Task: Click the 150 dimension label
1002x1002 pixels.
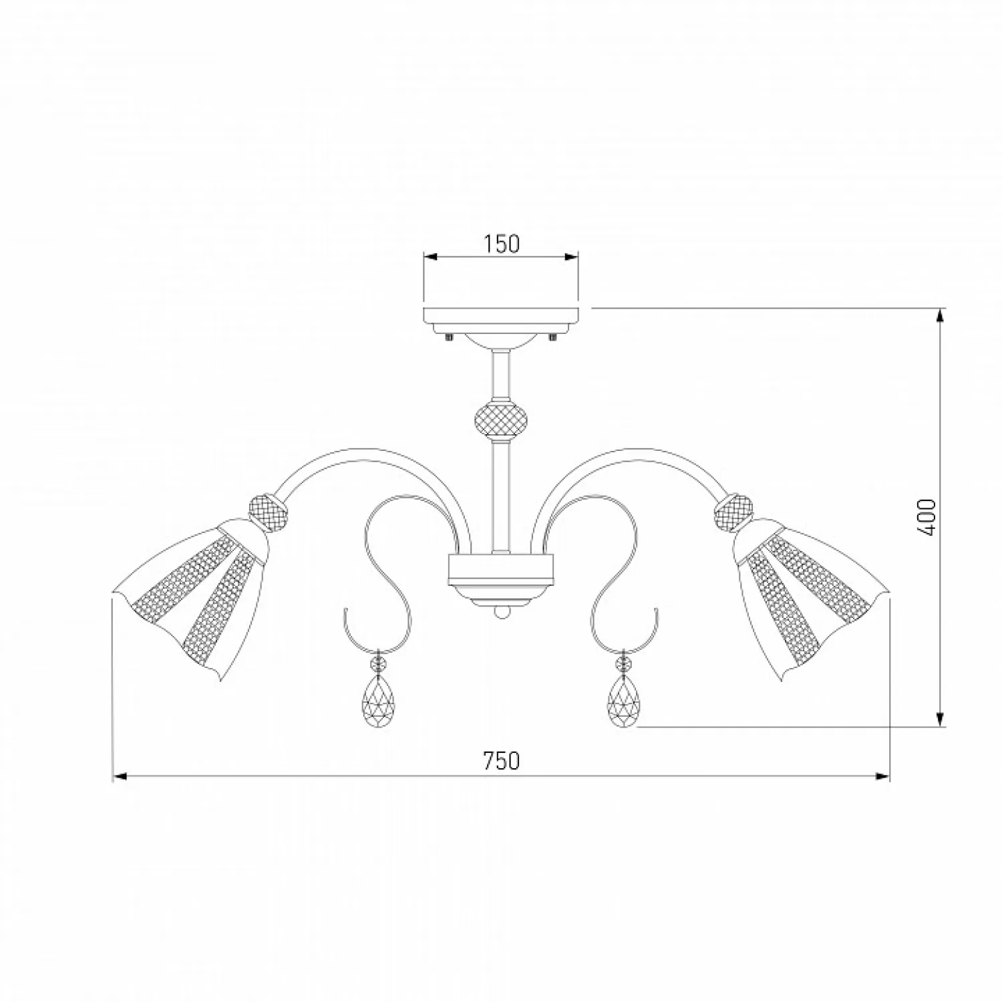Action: pyautogui.click(x=502, y=244)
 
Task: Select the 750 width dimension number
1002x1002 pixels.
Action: pyautogui.click(x=501, y=760)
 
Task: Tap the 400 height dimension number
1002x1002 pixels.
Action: pyautogui.click(x=927, y=517)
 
